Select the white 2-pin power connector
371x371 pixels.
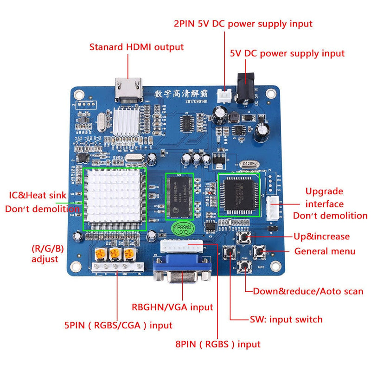point(227,94)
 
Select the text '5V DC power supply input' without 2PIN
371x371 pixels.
point(287,53)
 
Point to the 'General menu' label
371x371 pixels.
point(325,251)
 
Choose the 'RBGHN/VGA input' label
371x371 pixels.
point(172,307)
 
